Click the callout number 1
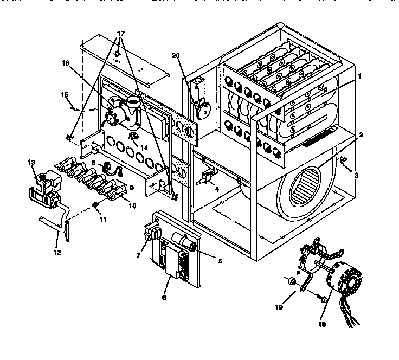click(359, 76)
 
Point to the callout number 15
click(64, 95)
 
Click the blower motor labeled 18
click(340, 280)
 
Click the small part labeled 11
click(95, 204)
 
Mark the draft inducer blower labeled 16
click(124, 107)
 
